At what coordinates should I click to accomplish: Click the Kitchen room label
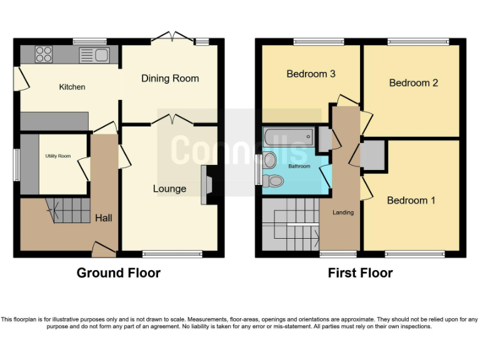click(x=72, y=87)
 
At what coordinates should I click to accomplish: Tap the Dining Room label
click(x=170, y=78)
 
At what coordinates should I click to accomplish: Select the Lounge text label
click(x=169, y=189)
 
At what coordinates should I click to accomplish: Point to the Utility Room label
click(x=57, y=156)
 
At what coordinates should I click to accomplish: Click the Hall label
click(x=104, y=218)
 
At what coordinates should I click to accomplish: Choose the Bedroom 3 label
click(x=311, y=74)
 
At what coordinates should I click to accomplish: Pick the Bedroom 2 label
click(x=413, y=82)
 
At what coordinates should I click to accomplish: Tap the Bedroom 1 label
click(x=411, y=200)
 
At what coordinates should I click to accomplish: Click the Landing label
click(x=343, y=212)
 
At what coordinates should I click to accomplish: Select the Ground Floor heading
click(x=118, y=273)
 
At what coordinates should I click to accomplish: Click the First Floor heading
click(x=360, y=273)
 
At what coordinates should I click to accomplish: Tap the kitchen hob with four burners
click(x=44, y=54)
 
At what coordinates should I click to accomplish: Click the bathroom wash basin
click(x=270, y=160)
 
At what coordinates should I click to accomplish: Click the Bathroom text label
click(x=299, y=166)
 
